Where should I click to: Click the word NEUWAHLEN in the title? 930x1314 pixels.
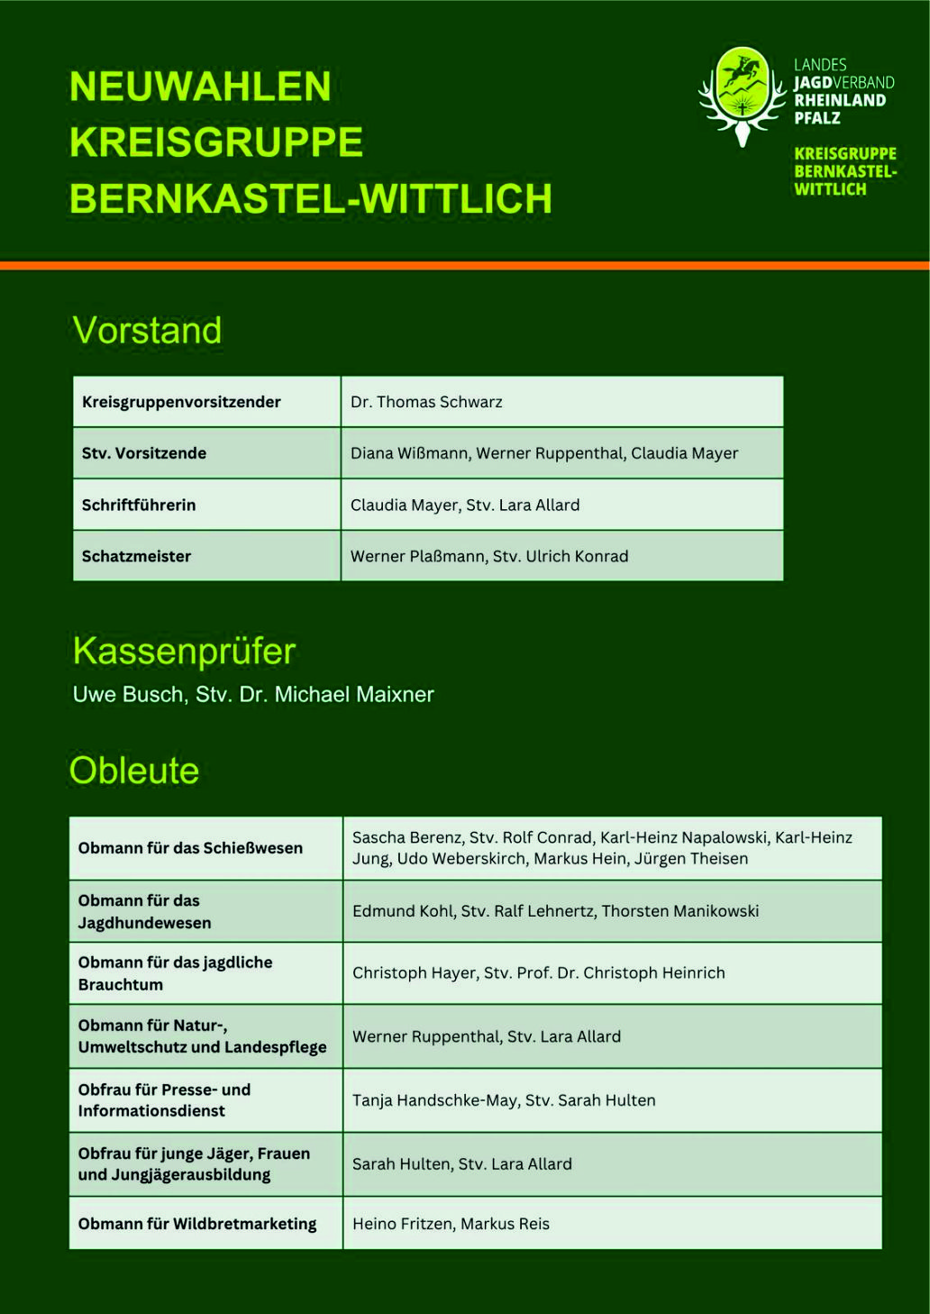[x=200, y=87]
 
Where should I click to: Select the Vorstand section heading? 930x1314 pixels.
[x=147, y=331]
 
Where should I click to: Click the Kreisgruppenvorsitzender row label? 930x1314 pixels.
[x=181, y=402]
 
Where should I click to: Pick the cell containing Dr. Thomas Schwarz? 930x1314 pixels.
[x=426, y=402]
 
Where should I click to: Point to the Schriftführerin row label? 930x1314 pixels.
[x=139, y=505]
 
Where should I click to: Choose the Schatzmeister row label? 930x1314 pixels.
[x=136, y=556]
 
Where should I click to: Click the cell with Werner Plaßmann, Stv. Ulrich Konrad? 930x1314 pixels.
[x=489, y=556]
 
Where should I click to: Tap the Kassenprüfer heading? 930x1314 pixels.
[x=184, y=651]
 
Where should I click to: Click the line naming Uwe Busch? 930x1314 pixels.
[x=253, y=694]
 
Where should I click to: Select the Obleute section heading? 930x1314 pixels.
[x=134, y=771]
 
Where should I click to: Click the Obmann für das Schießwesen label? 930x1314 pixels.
[x=190, y=848]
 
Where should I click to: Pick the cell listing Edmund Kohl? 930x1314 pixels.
[x=555, y=911]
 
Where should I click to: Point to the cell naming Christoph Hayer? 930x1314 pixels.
[x=538, y=973]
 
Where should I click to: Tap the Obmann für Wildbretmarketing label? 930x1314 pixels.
[x=197, y=1224]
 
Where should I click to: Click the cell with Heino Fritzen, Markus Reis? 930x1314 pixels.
[x=451, y=1224]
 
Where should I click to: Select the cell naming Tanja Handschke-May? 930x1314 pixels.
[x=504, y=1100]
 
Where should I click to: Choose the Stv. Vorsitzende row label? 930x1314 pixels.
[x=144, y=453]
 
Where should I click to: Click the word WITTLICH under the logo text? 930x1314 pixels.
[x=830, y=189]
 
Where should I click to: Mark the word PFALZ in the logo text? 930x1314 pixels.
[x=817, y=118]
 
